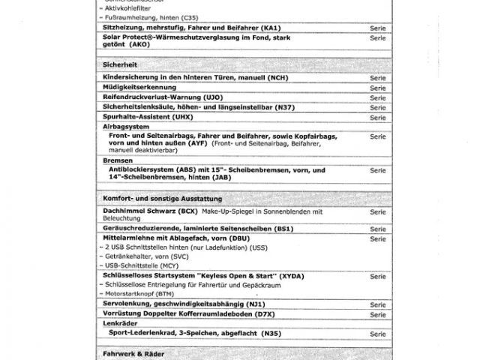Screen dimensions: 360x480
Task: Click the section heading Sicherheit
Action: [x=119, y=65]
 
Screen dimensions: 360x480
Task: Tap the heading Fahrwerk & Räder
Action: [x=133, y=352]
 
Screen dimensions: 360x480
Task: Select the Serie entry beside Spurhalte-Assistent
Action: [x=377, y=118]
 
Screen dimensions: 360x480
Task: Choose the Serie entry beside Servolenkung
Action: [x=377, y=304]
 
